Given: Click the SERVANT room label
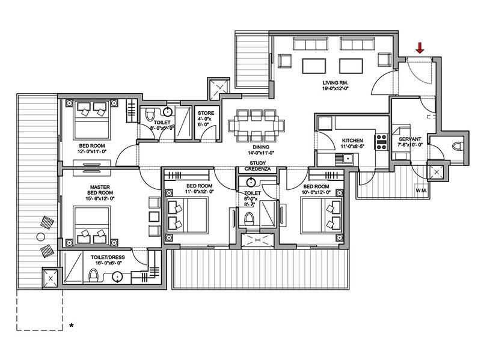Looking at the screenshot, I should (409, 139).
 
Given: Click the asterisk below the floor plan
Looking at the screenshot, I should (72, 326).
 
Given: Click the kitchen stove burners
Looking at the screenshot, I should (380, 142).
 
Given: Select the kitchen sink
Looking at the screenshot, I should (347, 159).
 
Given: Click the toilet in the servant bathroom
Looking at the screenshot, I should (457, 145).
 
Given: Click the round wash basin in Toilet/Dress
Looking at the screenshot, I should (117, 277).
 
